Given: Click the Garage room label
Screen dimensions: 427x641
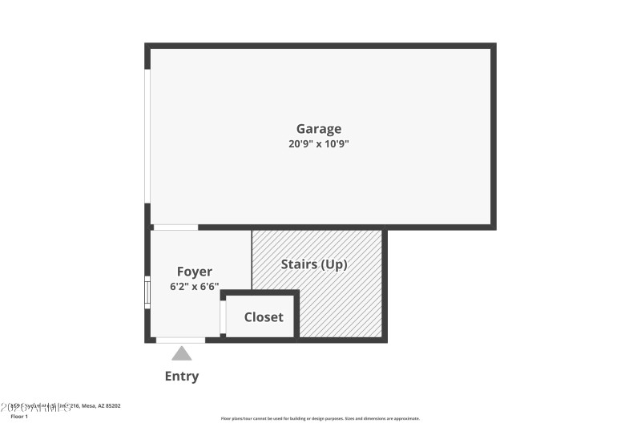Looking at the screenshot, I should point(319,128).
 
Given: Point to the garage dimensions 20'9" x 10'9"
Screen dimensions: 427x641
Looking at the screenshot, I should point(319,145).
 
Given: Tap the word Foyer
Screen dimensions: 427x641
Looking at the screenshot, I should point(194,272).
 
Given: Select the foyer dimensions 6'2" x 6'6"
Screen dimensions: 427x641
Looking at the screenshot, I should point(194,286).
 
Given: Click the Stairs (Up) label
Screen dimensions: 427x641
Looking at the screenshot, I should point(313,264).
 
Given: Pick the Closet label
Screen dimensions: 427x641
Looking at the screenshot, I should point(264,317).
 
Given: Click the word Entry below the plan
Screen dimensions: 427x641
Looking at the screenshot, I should point(182,376).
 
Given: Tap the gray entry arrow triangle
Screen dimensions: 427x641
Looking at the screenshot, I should point(182,353).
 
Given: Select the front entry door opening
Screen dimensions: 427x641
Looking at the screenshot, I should point(180,340).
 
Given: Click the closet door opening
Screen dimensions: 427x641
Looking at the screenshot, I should point(223,317).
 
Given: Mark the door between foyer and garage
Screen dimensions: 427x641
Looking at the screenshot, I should point(175,228).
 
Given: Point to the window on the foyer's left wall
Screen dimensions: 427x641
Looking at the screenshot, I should point(147,292).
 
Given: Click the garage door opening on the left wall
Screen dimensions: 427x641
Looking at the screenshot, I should point(147,136).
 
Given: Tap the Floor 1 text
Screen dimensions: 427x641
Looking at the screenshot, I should point(19,417).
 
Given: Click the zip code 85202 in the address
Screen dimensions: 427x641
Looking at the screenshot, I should point(111,406).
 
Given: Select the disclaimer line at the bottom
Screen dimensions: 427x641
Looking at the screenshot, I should point(320,418).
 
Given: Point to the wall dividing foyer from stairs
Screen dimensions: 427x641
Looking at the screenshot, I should point(252,260).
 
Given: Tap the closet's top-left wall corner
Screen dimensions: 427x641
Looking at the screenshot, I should point(224,293).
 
